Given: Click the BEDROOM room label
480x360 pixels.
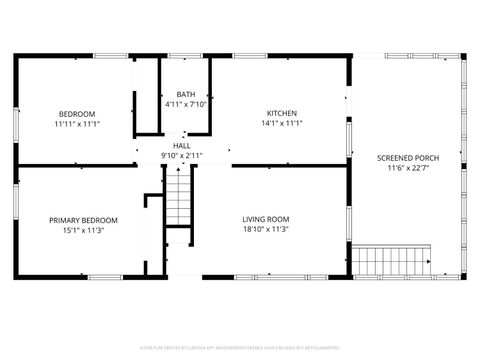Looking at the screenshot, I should point(77,113).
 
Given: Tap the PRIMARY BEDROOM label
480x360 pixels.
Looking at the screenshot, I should point(84,220).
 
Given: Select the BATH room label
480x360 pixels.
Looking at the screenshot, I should point(185,94).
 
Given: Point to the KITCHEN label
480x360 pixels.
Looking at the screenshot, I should point(281,113).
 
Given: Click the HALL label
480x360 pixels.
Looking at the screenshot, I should point(181,146).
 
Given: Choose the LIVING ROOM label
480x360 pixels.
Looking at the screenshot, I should point(265,219).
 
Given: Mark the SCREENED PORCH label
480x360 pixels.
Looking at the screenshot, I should point(406,158).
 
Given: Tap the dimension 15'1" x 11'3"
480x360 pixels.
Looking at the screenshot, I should point(84,230).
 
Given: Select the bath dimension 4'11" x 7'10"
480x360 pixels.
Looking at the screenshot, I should point(185,104).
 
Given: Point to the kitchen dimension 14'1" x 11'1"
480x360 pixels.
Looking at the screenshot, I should point(281,123).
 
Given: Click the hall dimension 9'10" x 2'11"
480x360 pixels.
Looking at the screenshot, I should point(181,156).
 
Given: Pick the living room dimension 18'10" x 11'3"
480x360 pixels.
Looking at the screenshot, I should point(265,229).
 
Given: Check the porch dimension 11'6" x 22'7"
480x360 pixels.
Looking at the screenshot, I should point(406,168).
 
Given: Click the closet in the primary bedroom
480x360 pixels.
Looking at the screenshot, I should point(154,216).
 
